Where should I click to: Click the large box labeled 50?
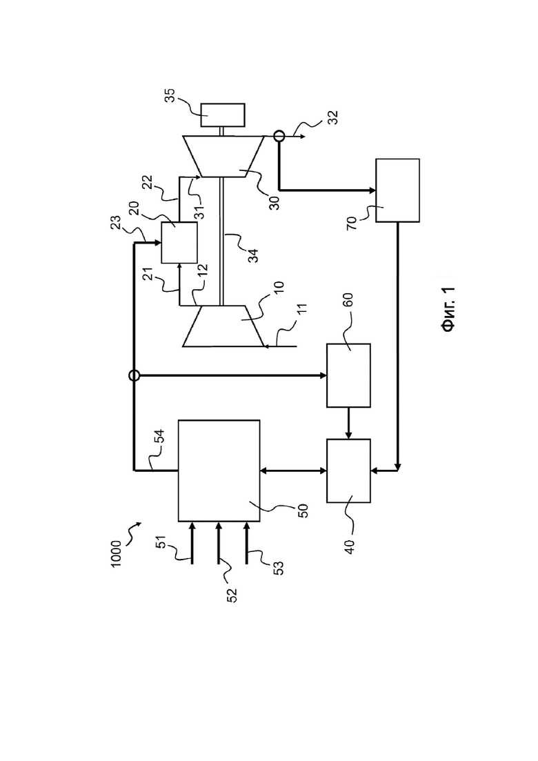219,471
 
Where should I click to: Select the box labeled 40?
349,471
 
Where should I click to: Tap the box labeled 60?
349,375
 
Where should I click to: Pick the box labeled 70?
398,190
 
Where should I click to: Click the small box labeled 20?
179,243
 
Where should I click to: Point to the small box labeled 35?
223,115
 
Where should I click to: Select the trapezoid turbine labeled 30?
223,156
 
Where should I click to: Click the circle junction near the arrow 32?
279,136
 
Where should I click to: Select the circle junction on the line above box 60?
134,375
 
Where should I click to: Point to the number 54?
159,436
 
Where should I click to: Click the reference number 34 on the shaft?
252,255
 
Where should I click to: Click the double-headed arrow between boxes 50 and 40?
294,471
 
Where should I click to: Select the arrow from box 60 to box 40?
349,423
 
